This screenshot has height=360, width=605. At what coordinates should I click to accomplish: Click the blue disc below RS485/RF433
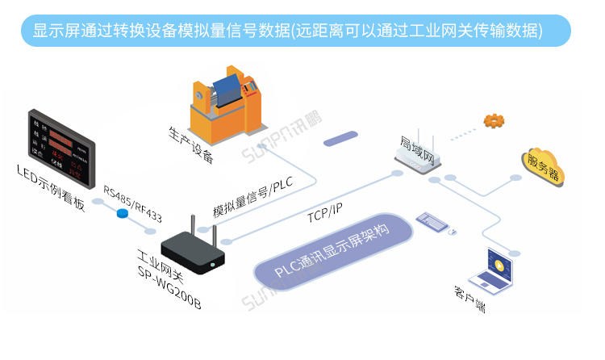(123, 214)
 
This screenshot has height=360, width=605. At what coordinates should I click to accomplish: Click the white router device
(418, 158)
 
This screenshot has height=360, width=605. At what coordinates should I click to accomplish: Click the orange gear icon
(493, 121)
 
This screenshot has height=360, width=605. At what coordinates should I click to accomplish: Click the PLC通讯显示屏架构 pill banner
(332, 252)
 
